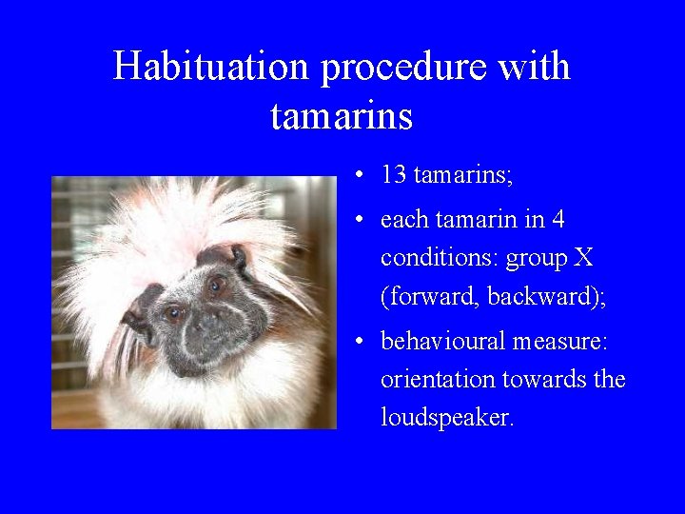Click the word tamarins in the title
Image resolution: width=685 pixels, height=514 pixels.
pos(342,116)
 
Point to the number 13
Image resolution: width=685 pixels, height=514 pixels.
pos(394,174)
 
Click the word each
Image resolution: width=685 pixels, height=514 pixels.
pos(401,220)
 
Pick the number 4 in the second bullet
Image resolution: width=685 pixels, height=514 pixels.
pos(558,220)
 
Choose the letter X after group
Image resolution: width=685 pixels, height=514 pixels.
pos(583,258)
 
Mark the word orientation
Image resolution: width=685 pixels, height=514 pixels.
pos(436,379)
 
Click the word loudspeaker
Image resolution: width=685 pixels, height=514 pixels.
pos(446,418)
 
